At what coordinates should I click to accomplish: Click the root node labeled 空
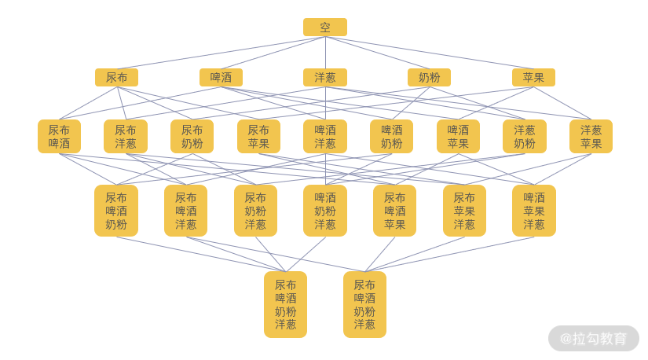[x=324, y=28]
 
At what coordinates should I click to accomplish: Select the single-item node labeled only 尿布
[x=116, y=77]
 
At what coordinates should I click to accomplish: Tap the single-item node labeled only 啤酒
[x=221, y=77]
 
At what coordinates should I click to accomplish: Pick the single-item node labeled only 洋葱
[x=324, y=77]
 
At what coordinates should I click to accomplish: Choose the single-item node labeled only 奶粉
[x=429, y=77]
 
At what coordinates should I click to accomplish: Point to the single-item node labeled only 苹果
[x=533, y=77]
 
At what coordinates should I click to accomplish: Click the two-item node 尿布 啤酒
[x=59, y=136]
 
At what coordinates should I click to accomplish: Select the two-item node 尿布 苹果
[x=258, y=136]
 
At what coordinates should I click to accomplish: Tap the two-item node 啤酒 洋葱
[x=325, y=136]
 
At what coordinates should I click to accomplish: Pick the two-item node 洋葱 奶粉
[x=525, y=136]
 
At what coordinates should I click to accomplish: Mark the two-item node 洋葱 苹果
[x=591, y=136]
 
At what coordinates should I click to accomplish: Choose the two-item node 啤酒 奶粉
[x=391, y=136]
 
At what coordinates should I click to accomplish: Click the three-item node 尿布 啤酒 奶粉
[x=116, y=211]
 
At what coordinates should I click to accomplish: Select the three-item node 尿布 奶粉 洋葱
[x=255, y=211]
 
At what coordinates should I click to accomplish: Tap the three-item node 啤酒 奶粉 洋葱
[x=325, y=211]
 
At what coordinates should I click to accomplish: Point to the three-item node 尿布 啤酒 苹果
[x=394, y=211]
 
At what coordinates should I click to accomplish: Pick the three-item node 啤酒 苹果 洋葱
[x=534, y=211]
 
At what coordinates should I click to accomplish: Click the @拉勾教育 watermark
[x=594, y=339]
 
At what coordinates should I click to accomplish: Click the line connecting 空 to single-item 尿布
[x=220, y=53]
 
